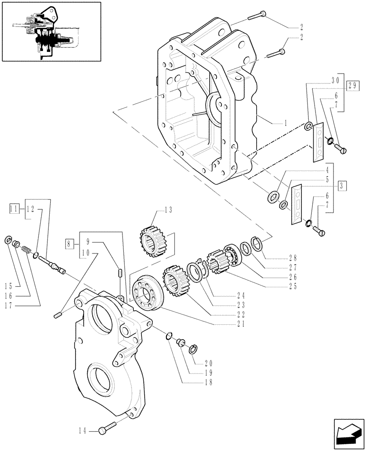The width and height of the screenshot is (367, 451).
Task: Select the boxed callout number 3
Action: (x=342, y=185)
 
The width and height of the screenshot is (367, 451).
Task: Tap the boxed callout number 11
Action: (x=14, y=208)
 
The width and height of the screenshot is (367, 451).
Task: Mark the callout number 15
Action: (x=9, y=285)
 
